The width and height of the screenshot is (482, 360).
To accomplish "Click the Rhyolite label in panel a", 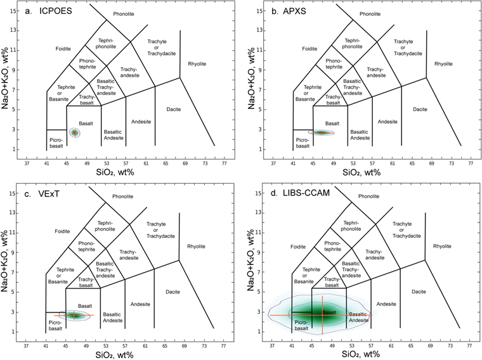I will pyautogui.click(x=197, y=63).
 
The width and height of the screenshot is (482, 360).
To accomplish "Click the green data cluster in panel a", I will pyautogui.click(x=75, y=132).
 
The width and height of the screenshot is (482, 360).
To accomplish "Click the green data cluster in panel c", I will pyautogui.click(x=75, y=315).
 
